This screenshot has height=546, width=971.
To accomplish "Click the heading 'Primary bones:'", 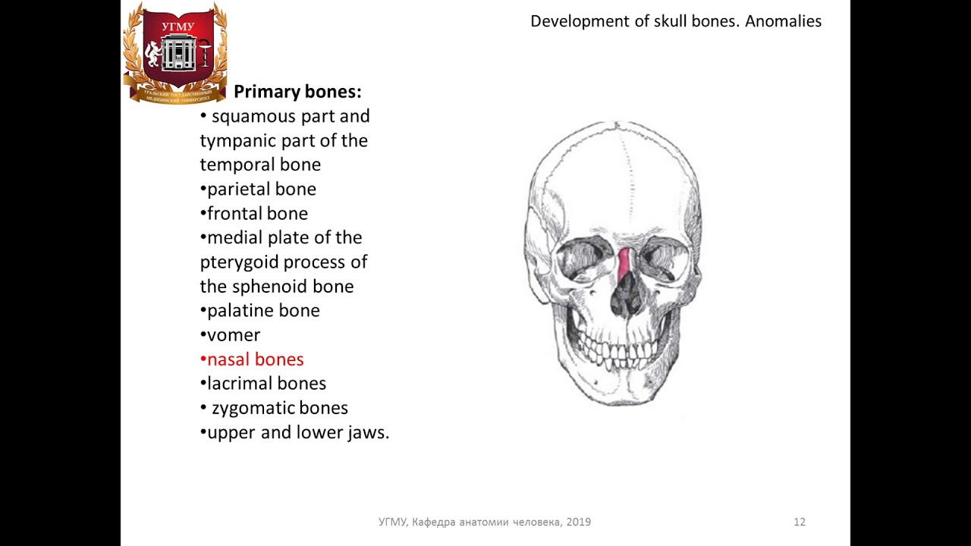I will coord(297,92).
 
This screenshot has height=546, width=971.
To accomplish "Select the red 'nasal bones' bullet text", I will coord(255,359).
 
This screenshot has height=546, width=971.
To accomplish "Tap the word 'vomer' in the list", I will coord(234,335).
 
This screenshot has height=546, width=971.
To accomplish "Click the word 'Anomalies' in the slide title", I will coord(783,21).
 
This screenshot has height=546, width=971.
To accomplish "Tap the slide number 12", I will coord(800,522).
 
